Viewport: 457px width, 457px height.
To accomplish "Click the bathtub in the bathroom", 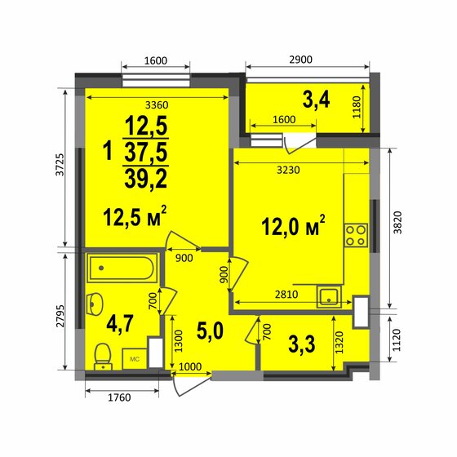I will (x=122, y=266).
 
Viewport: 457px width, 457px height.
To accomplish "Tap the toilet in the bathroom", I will (x=103, y=354).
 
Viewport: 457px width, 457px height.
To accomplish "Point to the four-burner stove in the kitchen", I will (x=356, y=235).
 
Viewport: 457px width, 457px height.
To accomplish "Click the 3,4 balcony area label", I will (x=316, y=101).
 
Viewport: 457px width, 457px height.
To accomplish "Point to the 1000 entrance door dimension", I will (x=191, y=366).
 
